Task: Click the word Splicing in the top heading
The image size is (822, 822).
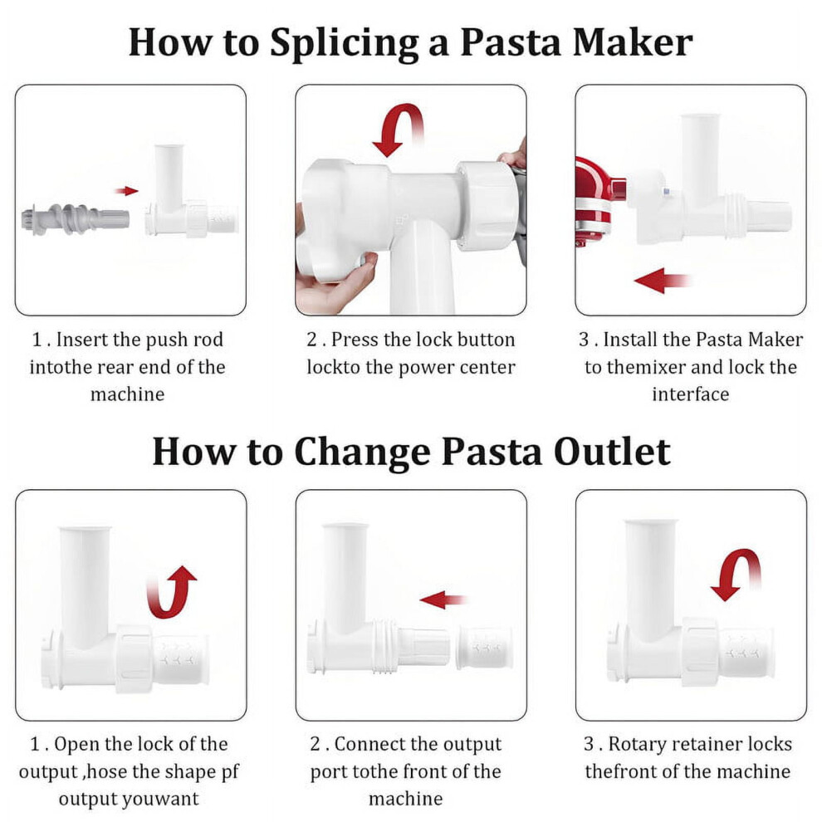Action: point(344,43)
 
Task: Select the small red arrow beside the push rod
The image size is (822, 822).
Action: point(126,191)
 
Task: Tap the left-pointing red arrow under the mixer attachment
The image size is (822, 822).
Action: point(662,281)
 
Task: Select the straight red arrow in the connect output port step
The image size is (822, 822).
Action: point(443,599)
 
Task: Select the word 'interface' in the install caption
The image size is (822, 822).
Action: point(691,394)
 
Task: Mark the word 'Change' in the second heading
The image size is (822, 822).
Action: point(362,452)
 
